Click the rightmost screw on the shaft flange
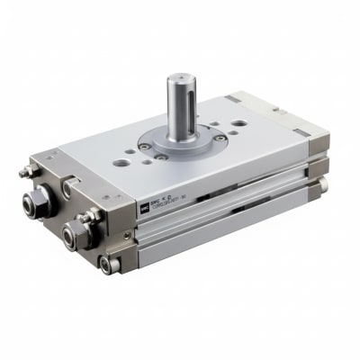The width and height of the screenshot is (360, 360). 219,139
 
